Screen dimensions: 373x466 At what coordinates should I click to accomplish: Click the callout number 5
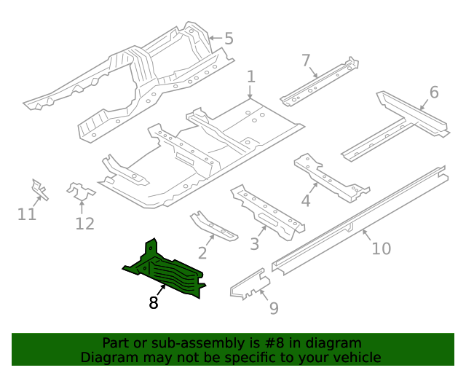click(x=229, y=39)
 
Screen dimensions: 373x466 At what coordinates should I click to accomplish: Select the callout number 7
click(x=306, y=60)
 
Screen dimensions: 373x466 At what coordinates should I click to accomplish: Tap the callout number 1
click(x=250, y=77)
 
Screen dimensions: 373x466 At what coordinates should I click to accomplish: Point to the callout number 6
click(x=434, y=93)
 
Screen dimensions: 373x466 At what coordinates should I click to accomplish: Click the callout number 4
click(x=306, y=200)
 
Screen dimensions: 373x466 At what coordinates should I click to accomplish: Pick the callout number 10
click(x=381, y=248)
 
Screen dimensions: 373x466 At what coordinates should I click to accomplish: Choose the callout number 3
click(x=254, y=243)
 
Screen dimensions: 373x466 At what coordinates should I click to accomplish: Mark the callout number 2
click(x=202, y=253)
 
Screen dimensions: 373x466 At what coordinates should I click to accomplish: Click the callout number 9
click(x=273, y=308)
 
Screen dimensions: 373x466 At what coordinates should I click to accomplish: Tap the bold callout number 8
click(x=154, y=302)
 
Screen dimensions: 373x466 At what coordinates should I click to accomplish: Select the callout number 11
click(x=27, y=214)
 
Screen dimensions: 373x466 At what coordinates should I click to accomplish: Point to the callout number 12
click(x=84, y=224)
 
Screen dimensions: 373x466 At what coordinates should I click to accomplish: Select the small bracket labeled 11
click(x=39, y=189)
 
